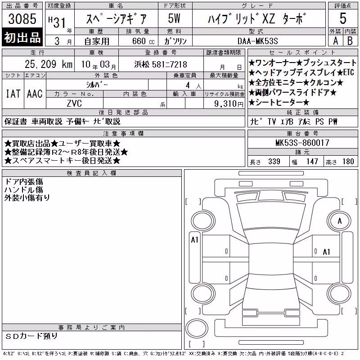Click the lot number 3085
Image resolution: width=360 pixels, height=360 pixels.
(22, 19)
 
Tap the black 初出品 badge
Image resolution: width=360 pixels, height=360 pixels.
(22, 37)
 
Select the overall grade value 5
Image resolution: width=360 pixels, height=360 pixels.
(343, 18)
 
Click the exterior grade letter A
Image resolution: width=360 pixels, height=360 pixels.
(335, 41)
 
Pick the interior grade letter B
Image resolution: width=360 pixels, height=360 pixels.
(350, 41)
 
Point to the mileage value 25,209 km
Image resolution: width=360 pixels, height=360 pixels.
(49, 64)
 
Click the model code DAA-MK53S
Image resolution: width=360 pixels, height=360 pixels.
(257, 41)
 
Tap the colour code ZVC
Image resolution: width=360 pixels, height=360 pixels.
(74, 103)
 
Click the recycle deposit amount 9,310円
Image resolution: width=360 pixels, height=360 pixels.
(229, 104)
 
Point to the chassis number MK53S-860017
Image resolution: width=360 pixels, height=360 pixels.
(302, 143)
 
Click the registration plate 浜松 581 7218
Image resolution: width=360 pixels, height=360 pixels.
(161, 64)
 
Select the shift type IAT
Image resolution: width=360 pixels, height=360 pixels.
(13, 94)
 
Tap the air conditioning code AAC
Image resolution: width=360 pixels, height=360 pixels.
(35, 94)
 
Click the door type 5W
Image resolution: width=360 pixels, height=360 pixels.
(174, 18)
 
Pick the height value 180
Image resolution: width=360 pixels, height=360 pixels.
(348, 162)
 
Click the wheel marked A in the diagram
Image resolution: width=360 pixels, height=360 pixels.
(339, 221)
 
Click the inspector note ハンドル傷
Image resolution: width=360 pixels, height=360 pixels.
(24, 189)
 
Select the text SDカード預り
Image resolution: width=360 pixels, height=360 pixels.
(31, 336)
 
